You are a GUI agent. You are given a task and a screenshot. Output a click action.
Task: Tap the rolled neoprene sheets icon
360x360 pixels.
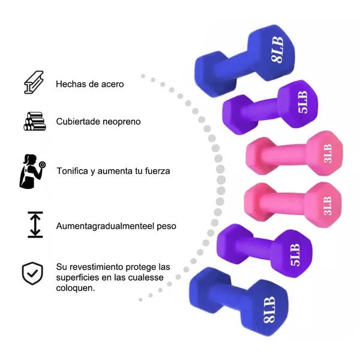34,121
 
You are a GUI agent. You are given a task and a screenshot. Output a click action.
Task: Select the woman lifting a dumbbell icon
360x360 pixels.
32,171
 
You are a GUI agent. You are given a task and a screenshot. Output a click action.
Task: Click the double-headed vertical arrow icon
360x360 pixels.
35,223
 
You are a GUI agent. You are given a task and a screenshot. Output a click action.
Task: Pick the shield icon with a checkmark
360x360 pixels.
33,273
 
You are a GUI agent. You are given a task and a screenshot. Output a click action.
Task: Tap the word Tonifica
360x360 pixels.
74,171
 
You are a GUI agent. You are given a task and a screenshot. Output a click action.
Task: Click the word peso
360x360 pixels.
164,227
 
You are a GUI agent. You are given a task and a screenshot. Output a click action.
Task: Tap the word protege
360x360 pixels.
143,266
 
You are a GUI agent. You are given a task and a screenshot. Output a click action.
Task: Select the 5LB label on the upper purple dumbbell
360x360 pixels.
302,102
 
